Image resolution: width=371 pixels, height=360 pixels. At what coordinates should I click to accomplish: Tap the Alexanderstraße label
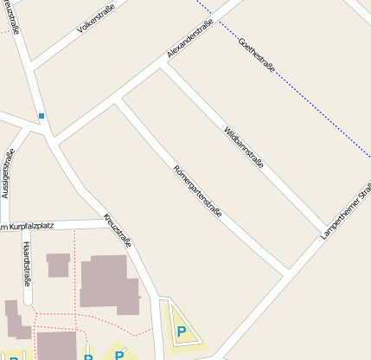189,41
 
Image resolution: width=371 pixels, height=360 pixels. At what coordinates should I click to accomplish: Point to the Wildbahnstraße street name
243,146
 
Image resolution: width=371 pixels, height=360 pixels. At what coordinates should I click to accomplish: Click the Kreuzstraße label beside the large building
118,230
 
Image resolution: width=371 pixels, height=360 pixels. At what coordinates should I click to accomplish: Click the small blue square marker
41,115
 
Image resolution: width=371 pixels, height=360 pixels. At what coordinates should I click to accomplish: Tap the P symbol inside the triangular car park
182,331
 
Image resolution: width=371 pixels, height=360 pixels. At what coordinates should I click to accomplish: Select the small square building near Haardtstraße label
58,265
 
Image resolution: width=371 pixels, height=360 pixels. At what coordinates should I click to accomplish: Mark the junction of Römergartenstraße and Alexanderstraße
118,103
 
